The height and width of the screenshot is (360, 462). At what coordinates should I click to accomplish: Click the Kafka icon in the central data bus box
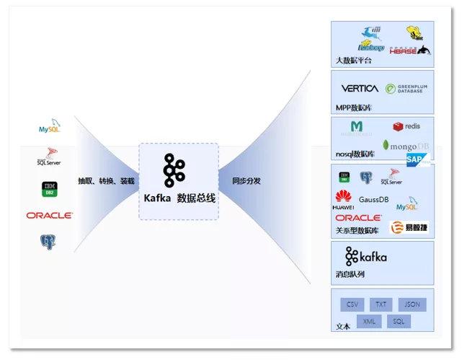(174, 171)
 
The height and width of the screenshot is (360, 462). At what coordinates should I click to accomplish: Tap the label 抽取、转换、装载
(106, 181)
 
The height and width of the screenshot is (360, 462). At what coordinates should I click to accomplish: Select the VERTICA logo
(359, 89)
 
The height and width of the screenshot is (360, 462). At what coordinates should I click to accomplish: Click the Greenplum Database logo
(407, 89)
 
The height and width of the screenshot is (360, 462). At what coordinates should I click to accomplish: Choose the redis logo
(407, 126)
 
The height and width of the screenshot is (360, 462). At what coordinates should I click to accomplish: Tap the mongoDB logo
(405, 145)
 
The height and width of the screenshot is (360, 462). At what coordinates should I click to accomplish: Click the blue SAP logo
(417, 160)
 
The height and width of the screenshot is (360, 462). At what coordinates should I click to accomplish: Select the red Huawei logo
(343, 198)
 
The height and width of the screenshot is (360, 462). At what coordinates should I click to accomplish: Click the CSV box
(352, 304)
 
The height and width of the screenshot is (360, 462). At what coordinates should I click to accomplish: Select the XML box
(368, 322)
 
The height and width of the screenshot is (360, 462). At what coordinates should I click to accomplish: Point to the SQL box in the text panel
(399, 322)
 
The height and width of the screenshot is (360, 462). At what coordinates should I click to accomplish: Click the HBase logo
(409, 50)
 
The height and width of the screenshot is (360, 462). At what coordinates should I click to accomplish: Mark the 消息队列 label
(350, 274)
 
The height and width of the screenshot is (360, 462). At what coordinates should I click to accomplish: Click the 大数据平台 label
(354, 61)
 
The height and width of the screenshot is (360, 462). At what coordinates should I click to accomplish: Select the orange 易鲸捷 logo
(408, 228)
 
